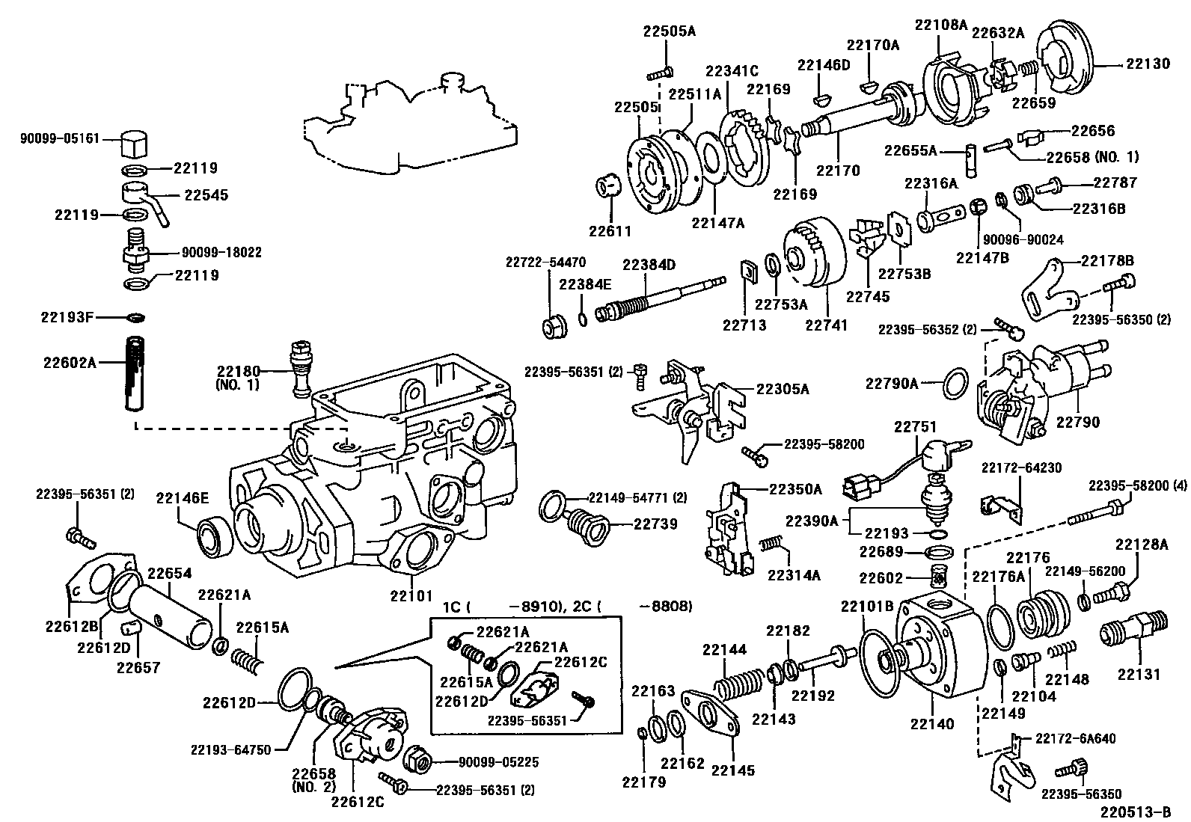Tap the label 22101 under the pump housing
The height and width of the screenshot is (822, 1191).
pos(411,595)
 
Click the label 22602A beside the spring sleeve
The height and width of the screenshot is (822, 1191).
pos(70,363)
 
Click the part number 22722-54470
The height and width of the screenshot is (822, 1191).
pos(545,263)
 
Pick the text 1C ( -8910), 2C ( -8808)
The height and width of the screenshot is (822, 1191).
pos(567,606)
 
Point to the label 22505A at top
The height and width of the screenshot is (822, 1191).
pos(669,31)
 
